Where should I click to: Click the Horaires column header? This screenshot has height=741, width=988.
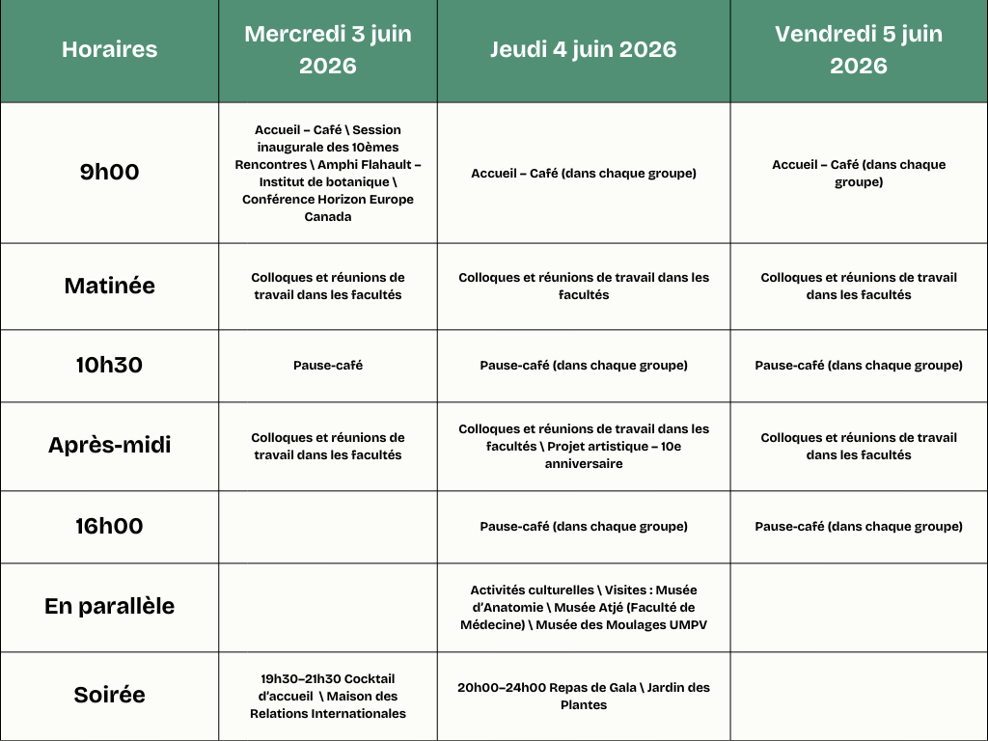click(x=109, y=50)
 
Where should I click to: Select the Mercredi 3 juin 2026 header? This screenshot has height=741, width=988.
click(x=328, y=50)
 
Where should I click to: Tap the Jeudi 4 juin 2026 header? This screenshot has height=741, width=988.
click(x=584, y=50)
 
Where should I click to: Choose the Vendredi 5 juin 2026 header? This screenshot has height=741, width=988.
click(x=859, y=50)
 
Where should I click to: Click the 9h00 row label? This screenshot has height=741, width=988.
click(x=109, y=173)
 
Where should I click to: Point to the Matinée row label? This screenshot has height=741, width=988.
click(x=109, y=287)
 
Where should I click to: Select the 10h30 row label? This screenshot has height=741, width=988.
click(x=109, y=366)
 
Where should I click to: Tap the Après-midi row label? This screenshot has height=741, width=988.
click(x=109, y=446)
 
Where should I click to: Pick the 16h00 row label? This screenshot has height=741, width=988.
click(x=109, y=527)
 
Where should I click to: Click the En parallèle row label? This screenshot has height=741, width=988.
click(x=109, y=607)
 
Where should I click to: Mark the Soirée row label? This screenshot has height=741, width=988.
click(x=109, y=696)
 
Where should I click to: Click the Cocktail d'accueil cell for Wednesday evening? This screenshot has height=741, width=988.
click(x=328, y=697)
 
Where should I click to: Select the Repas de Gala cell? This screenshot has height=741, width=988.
click(x=584, y=697)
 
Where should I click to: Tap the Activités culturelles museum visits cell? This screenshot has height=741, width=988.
click(x=584, y=607)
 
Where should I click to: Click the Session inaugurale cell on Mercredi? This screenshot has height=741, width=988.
click(x=328, y=173)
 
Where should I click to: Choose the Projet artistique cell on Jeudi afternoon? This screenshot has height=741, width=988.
click(x=584, y=446)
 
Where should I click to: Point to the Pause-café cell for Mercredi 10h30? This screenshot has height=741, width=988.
click(x=328, y=366)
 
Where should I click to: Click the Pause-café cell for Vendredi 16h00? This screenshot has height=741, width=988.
click(x=859, y=527)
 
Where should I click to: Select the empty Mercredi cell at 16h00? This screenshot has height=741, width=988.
click(x=328, y=527)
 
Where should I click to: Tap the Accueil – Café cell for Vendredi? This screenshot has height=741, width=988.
click(x=859, y=173)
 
